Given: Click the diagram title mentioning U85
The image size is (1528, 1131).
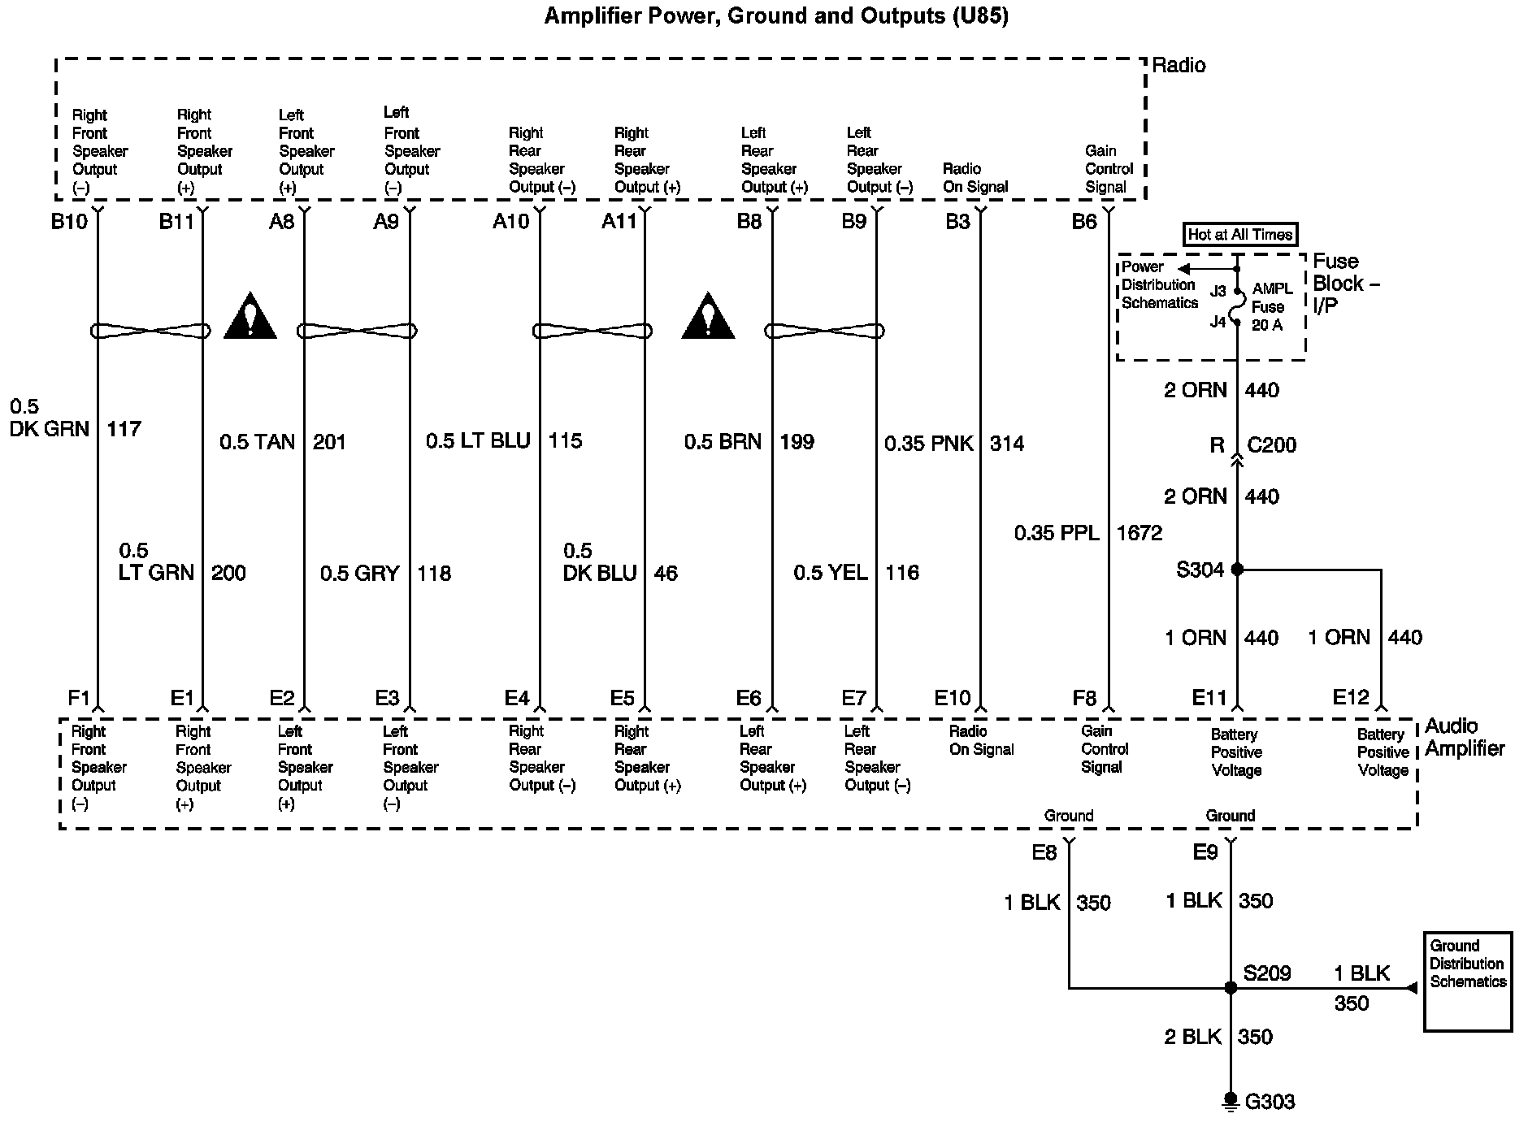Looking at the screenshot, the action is click(x=776, y=16).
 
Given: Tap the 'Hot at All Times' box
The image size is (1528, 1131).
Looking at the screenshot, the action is click(x=1239, y=235).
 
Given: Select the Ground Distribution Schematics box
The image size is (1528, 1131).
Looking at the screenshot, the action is click(x=1468, y=981).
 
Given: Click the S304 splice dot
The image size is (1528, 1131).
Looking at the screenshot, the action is click(x=1237, y=570).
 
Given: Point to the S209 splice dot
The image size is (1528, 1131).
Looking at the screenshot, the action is click(x=1231, y=988).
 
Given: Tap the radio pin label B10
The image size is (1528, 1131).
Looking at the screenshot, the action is click(x=69, y=221).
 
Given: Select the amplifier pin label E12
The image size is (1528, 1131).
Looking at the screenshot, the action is click(x=1351, y=697).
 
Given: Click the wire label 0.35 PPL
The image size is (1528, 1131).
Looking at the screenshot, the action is click(x=1057, y=533).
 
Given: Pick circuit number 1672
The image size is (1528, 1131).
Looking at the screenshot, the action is click(x=1139, y=533).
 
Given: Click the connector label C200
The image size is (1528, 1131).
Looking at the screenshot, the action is click(x=1272, y=445).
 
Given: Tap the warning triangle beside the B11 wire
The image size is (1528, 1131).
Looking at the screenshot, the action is click(x=250, y=315).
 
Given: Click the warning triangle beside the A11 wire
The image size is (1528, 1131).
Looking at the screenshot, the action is click(x=708, y=315).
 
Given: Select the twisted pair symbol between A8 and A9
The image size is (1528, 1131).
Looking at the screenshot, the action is click(x=357, y=331).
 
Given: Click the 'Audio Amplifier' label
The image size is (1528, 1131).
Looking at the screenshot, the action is click(x=1465, y=738).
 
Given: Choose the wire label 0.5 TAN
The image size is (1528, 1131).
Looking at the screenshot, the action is click(x=257, y=442).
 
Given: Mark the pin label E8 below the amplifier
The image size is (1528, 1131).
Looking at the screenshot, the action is click(x=1044, y=852).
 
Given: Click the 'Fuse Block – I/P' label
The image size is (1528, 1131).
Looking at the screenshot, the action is click(x=1347, y=283).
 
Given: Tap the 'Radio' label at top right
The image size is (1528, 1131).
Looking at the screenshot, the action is click(x=1179, y=66).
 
